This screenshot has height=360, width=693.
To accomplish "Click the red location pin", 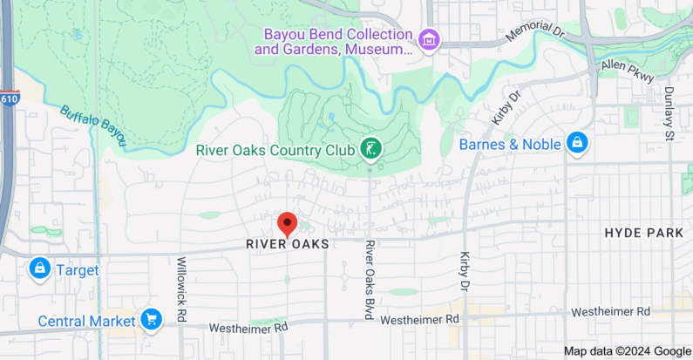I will pos(287,224).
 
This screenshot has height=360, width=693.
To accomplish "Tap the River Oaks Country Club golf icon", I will pos(370,150).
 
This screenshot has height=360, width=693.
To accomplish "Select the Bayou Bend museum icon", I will pos(428,39).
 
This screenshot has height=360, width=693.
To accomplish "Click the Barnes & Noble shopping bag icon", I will pos(576,143).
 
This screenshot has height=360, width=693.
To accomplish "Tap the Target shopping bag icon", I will pos(39,269).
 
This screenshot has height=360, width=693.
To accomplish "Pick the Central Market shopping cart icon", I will pos(152,320).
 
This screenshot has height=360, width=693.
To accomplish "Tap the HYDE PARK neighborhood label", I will pos(639,234).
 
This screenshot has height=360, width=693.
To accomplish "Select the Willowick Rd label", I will pos(182,289).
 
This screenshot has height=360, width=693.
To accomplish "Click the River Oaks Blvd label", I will pos(370,280).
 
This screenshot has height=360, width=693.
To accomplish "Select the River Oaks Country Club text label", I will pos(275,149).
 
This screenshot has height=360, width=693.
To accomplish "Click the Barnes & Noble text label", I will pos(510,144).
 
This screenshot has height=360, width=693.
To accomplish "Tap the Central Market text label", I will pos(86,321).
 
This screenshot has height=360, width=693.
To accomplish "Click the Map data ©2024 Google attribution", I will pos(627,351).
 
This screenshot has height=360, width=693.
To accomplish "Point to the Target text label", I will pos(78,270).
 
